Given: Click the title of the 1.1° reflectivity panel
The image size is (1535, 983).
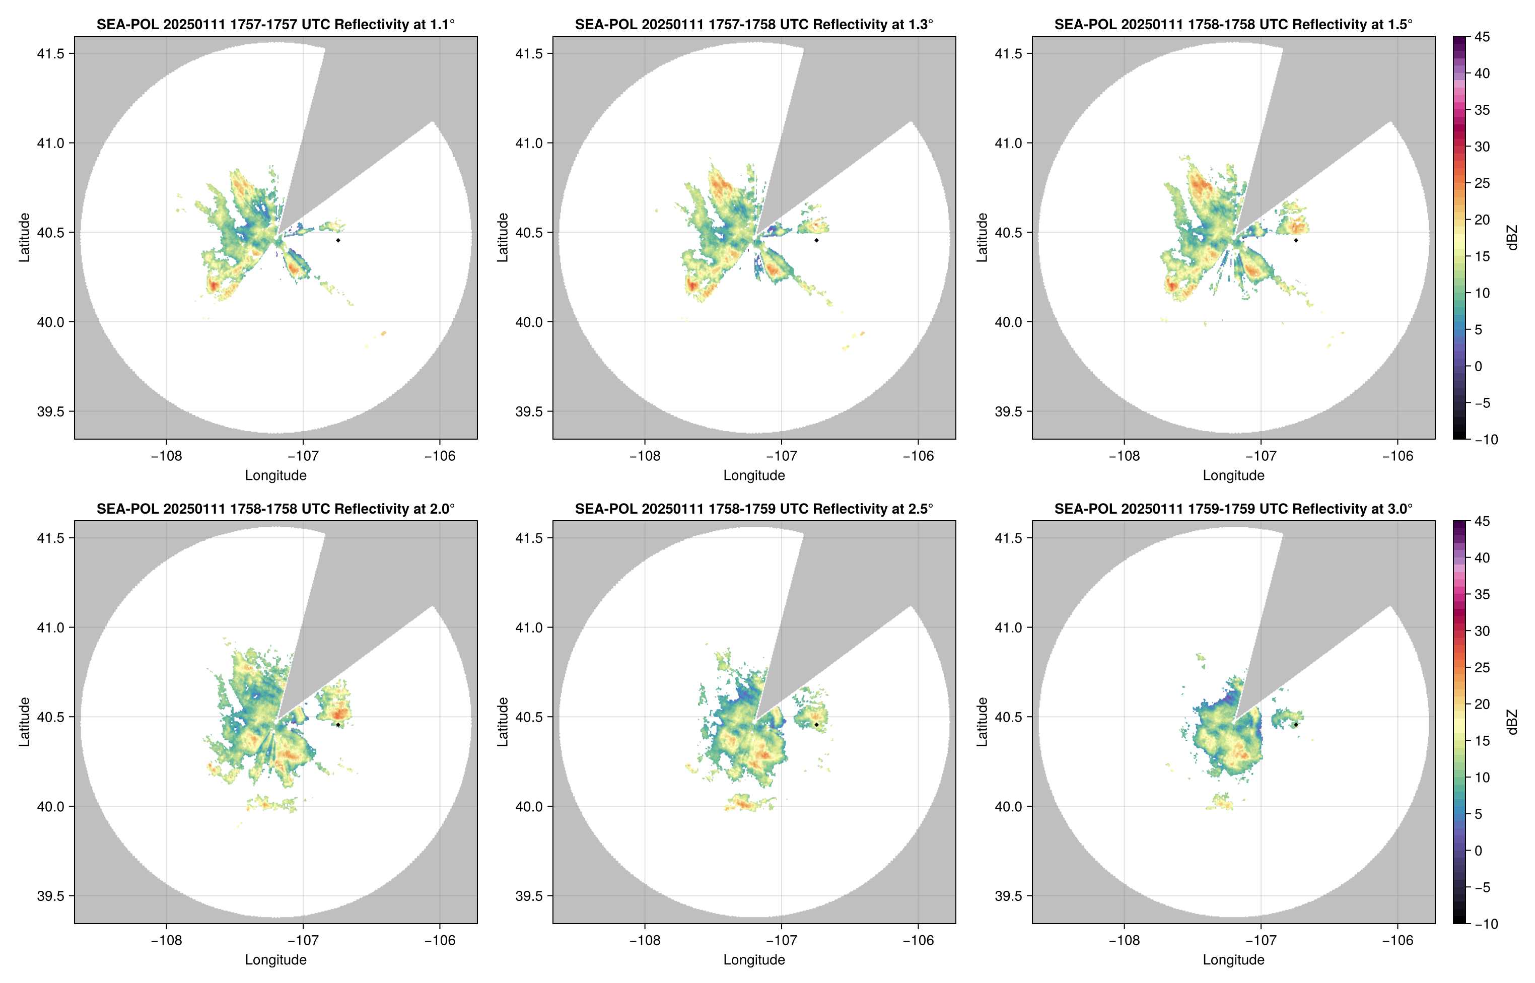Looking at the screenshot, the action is (275, 24).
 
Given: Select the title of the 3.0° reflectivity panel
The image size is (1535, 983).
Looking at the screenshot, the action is (1233, 509).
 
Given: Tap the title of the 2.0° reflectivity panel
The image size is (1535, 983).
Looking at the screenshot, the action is (275, 509).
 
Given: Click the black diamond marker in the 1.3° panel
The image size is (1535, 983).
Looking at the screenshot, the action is (816, 240).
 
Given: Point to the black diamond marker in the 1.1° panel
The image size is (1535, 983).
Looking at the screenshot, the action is (337, 240).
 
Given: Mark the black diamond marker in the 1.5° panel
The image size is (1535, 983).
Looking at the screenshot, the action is (1296, 240).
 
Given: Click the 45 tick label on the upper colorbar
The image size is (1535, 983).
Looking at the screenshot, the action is (1482, 37).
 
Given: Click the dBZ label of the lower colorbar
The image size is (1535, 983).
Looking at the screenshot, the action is (1511, 722).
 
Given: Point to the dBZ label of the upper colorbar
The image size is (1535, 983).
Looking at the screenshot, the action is (1511, 238).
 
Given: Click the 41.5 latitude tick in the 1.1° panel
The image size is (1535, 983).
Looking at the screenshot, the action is (51, 53).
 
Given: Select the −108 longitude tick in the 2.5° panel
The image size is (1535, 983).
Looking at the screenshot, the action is (645, 940).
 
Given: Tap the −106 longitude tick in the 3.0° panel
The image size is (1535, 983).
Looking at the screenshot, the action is (1398, 940).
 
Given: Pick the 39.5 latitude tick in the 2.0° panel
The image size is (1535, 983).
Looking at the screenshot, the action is (51, 895).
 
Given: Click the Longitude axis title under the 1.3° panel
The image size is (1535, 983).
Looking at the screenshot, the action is (754, 475).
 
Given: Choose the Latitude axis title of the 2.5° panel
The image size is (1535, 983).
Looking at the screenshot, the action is (503, 722).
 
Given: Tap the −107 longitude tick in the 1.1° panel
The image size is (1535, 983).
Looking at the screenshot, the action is (303, 456).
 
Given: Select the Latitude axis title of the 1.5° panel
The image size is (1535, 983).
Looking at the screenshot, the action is (982, 238).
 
